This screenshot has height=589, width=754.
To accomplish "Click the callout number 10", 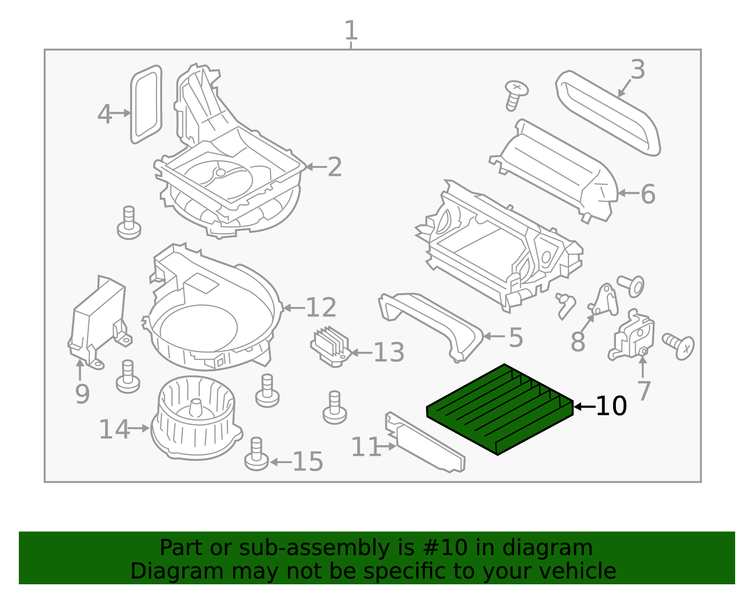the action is click(611, 406).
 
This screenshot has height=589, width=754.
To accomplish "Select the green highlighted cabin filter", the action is click(500, 409).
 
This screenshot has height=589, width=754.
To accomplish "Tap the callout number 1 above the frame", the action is click(351, 30).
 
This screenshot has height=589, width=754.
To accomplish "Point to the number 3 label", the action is click(638, 69).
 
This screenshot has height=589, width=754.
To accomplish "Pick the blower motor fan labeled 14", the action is click(197, 418).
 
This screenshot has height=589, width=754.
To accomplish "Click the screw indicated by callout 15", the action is click(256, 454).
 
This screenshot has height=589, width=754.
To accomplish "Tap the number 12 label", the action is click(321, 307).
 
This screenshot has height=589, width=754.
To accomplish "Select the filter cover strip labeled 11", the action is click(425, 442).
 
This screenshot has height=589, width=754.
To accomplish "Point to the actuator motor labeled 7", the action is click(631, 335).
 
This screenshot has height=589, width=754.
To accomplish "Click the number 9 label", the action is click(82, 394).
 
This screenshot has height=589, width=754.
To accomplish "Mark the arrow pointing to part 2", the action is click(316, 167).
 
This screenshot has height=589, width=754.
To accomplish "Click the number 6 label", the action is click(648, 194).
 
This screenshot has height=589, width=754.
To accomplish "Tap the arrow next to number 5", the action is click(494, 336).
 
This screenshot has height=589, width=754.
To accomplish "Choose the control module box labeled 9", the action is click(100, 322).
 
